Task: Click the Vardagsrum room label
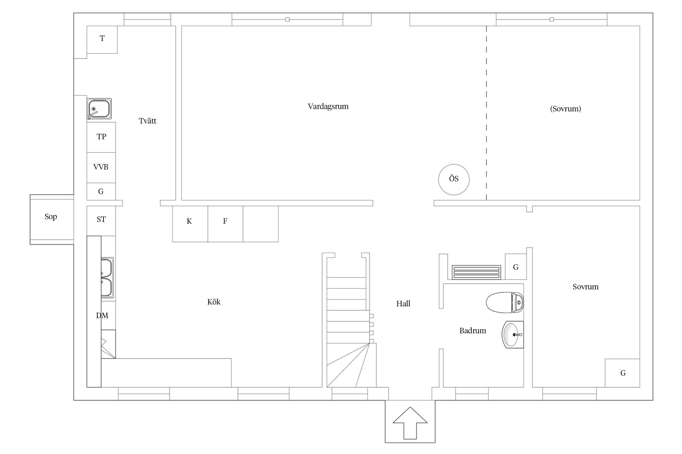pos(328,106)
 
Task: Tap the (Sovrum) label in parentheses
pos(565,109)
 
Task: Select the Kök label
pos(214,302)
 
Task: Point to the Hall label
pos(403,304)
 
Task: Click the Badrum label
pos(472,331)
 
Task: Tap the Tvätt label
pos(147,121)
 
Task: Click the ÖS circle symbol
pos(454,179)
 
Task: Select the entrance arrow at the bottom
pos(410,423)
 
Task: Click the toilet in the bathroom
pos(505,303)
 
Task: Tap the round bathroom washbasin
pos(513,334)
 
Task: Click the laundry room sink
pos(99,109)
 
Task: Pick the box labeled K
pos(190,224)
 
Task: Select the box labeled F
pos(225,224)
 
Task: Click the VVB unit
pos(101,168)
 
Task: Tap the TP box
pos(101,137)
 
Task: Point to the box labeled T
pos(102,40)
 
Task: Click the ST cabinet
pos(101,221)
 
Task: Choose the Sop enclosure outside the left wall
pos(52,219)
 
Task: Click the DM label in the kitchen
pos(102,316)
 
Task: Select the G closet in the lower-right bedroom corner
pos(622,373)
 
